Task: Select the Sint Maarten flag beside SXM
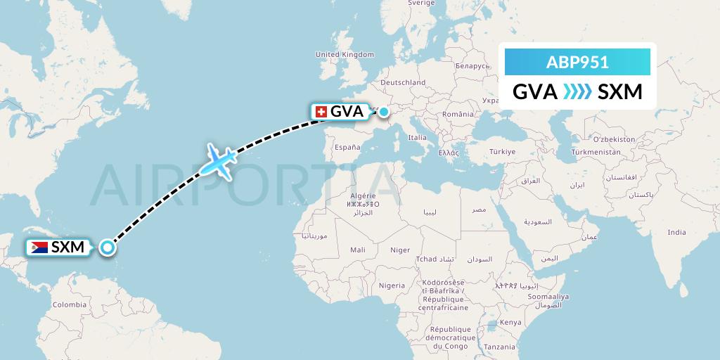tap(39, 247)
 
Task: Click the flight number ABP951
tap(577, 62)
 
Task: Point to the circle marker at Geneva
tap(384, 111)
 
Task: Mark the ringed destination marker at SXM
tap(107, 247)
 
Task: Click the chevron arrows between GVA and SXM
tap(577, 92)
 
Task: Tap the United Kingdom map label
tap(345, 54)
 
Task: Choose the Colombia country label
tap(69, 304)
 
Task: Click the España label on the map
tap(347, 147)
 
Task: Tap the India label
tap(676, 232)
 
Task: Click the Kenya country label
tap(511, 322)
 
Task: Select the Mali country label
tap(358, 250)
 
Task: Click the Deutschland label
tap(403, 82)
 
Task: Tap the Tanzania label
tap(499, 347)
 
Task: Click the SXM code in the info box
tap(619, 92)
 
